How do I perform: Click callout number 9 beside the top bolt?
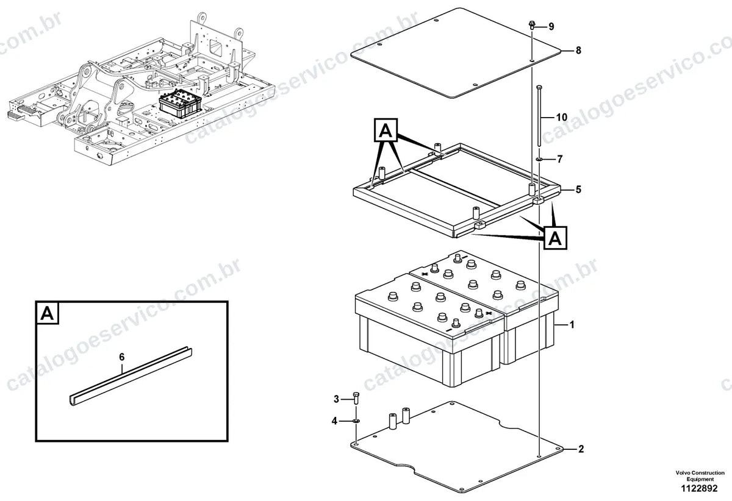[551, 26]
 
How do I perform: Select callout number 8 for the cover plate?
[578, 51]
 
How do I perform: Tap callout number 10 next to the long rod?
[562, 117]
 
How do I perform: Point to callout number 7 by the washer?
[560, 159]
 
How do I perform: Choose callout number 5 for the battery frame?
[578, 190]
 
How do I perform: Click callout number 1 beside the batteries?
[572, 325]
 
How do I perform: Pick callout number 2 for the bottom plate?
[581, 449]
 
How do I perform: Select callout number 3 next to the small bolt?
[336, 399]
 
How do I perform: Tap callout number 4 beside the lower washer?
[334, 421]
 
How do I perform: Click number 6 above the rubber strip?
[121, 357]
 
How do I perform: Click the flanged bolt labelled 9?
[532, 25]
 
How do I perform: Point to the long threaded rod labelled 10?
[539, 116]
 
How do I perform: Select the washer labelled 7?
[539, 159]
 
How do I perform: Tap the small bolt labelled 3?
[356, 399]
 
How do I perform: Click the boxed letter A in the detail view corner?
[48, 314]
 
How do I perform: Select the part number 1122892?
[700, 488]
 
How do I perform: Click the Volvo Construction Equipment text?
[700, 476]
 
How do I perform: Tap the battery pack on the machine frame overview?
[181, 104]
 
